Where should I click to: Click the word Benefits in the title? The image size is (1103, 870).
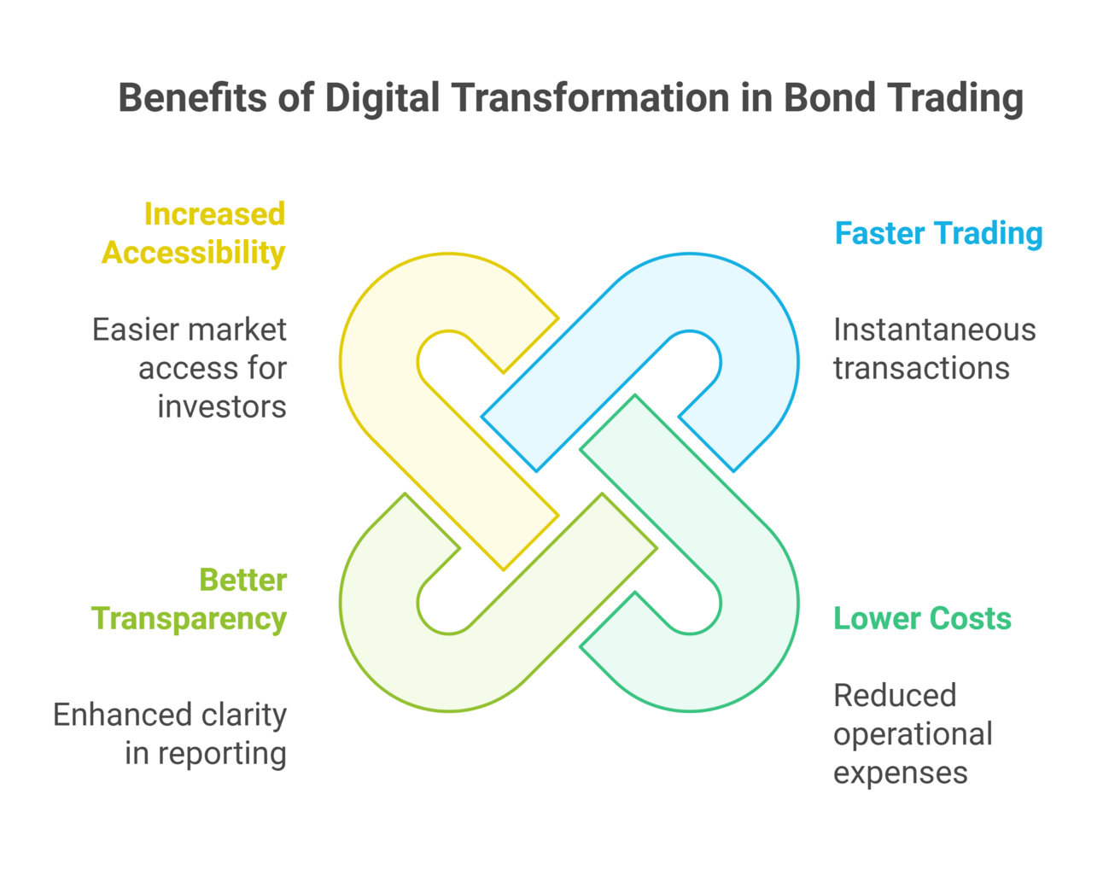pyautogui.click(x=192, y=97)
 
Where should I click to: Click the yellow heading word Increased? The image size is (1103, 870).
pyautogui.click(x=214, y=213)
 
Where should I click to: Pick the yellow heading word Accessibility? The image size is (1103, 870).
pyautogui.click(x=194, y=253)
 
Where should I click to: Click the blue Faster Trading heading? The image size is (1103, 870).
pyautogui.click(x=938, y=233)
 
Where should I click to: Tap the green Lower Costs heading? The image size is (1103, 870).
pyautogui.click(x=922, y=618)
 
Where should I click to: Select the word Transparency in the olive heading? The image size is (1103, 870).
pyautogui.click(x=189, y=618)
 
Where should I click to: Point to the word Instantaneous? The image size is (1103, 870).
pyautogui.click(x=934, y=330)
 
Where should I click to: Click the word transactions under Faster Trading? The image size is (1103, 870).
pyautogui.click(x=921, y=368)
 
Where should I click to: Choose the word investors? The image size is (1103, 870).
pyautogui.click(x=222, y=406)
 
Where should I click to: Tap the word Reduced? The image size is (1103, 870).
pyautogui.click(x=894, y=695)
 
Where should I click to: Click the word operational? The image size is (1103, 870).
pyautogui.click(x=913, y=733)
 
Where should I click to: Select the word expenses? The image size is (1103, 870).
pyautogui.click(x=900, y=773)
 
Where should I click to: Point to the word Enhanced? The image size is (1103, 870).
pyautogui.click(x=108, y=715)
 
